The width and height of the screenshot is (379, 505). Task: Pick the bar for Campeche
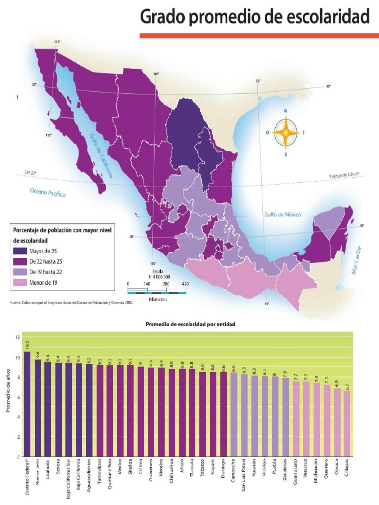click(234, 414)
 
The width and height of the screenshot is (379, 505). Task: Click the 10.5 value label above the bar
click(27, 344)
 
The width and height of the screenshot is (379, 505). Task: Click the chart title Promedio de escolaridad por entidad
click(190, 325)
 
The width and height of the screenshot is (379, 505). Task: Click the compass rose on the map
click(285, 132)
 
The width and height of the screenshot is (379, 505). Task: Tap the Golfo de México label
click(282, 215)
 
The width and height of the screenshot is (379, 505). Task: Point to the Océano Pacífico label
click(48, 192)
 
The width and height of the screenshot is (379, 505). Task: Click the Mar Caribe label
click(356, 260)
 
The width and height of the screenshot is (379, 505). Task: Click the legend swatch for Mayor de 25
click(19, 251)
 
